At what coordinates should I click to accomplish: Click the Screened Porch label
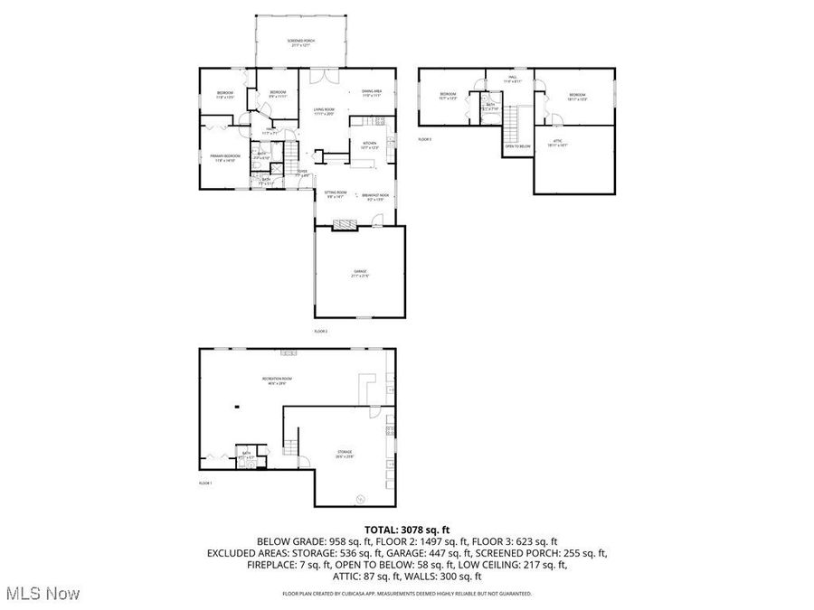point(299,42)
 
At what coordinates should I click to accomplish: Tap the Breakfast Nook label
point(374,196)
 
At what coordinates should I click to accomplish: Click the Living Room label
point(324,111)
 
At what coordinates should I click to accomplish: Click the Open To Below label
point(516,145)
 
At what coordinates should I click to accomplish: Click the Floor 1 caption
point(205,483)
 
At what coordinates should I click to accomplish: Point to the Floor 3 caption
point(424,139)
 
